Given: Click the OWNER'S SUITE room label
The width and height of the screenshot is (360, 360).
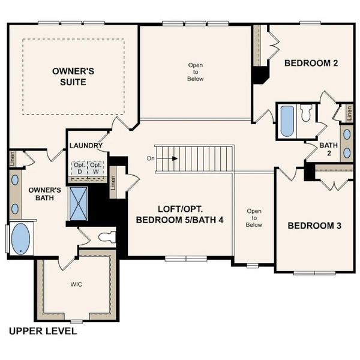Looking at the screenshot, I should click(73, 76).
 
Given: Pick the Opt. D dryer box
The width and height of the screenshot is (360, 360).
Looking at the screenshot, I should click(79, 167).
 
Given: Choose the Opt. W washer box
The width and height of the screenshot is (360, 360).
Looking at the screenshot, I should click(95, 167).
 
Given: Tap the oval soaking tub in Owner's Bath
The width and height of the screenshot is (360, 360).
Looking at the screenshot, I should click(21, 238).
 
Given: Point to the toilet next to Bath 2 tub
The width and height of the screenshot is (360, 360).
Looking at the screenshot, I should click(306, 114).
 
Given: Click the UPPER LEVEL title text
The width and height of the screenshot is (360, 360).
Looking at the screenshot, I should click(43, 331).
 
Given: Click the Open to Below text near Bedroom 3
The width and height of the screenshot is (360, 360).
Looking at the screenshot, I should click(254, 218).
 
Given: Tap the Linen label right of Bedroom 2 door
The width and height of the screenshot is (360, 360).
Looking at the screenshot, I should click(346, 112).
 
